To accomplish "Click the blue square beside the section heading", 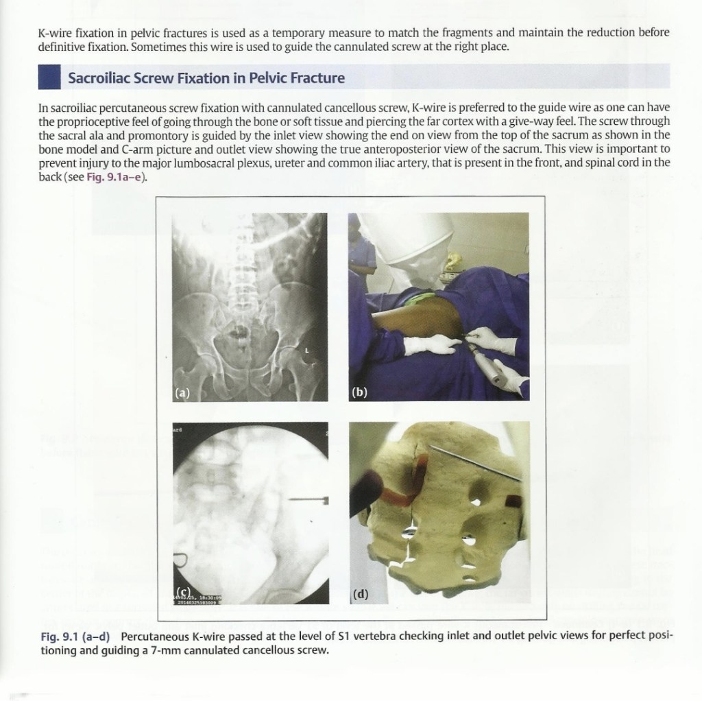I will coord(50,76).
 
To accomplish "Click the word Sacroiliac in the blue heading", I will coord(96,78).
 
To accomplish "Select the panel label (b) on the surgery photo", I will coord(359,393).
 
